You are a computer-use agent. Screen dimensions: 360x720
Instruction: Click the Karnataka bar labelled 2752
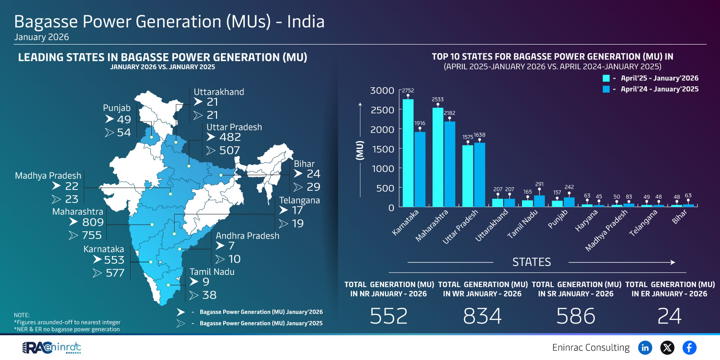click(408, 153)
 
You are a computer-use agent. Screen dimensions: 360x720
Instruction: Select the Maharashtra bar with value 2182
click(450, 164)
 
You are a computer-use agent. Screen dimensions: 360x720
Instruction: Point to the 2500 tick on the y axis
click(382, 110)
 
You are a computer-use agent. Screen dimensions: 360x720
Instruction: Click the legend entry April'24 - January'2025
click(659, 89)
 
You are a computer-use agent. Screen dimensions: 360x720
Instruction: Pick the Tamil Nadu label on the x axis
click(522, 224)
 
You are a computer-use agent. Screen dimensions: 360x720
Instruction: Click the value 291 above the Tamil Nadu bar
click(539, 184)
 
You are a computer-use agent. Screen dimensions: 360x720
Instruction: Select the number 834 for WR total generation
click(482, 316)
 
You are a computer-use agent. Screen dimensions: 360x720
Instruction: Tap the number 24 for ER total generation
click(669, 316)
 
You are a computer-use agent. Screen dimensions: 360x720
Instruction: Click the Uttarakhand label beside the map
click(219, 92)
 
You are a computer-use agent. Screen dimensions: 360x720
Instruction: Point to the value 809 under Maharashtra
click(93, 222)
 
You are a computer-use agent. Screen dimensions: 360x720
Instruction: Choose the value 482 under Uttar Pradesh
click(230, 137)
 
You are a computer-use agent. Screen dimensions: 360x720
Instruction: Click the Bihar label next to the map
click(304, 164)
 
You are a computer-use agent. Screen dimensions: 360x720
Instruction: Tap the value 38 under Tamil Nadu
click(209, 295)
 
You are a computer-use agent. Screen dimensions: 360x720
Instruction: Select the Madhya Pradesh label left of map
click(48, 175)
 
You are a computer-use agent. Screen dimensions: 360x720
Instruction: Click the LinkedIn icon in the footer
click(645, 347)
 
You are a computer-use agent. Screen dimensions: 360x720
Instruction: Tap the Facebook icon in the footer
click(689, 347)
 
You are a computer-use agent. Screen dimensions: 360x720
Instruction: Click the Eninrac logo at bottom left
click(52, 347)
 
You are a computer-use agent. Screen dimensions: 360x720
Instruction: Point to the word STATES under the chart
click(531, 262)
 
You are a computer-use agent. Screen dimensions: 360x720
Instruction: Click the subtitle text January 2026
click(41, 37)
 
